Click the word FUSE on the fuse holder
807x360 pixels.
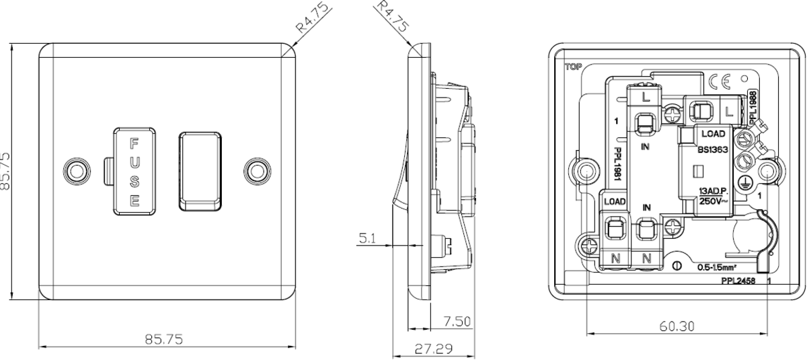click(134, 172)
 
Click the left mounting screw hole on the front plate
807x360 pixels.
click(75, 170)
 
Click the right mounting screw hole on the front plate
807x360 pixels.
click(256, 170)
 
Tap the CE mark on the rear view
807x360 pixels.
click(720, 82)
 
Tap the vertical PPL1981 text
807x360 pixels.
click(617, 164)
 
